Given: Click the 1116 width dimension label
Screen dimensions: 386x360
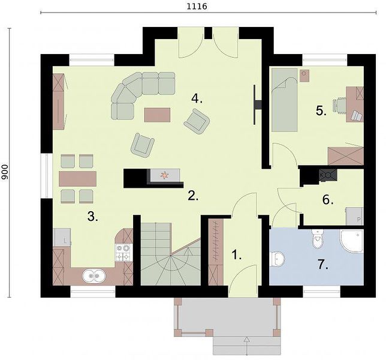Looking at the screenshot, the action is (x=197, y=6).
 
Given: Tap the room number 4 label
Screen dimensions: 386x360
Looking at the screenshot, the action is (x=197, y=99).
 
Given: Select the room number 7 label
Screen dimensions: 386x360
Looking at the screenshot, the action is (x=322, y=265).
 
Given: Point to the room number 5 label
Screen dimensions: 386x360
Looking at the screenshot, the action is (x=321, y=111).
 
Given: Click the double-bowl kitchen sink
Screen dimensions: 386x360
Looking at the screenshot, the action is (x=94, y=276).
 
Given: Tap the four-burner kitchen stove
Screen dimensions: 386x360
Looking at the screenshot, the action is (x=123, y=253).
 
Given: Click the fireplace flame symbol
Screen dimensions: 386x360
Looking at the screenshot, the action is (x=164, y=175).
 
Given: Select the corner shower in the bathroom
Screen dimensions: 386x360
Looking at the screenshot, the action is (x=352, y=241).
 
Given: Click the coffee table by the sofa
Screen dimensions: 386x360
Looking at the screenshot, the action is (x=157, y=115).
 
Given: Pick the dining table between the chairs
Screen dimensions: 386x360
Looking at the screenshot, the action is (x=77, y=179).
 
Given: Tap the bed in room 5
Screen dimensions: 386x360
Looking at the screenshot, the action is (x=285, y=100).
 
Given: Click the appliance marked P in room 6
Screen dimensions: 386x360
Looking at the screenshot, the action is (x=354, y=217).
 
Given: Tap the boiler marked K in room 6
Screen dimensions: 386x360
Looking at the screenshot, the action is (x=328, y=175).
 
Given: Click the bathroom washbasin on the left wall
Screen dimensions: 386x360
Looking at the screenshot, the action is (x=277, y=259).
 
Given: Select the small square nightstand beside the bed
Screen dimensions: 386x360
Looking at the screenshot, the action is (x=304, y=73).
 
